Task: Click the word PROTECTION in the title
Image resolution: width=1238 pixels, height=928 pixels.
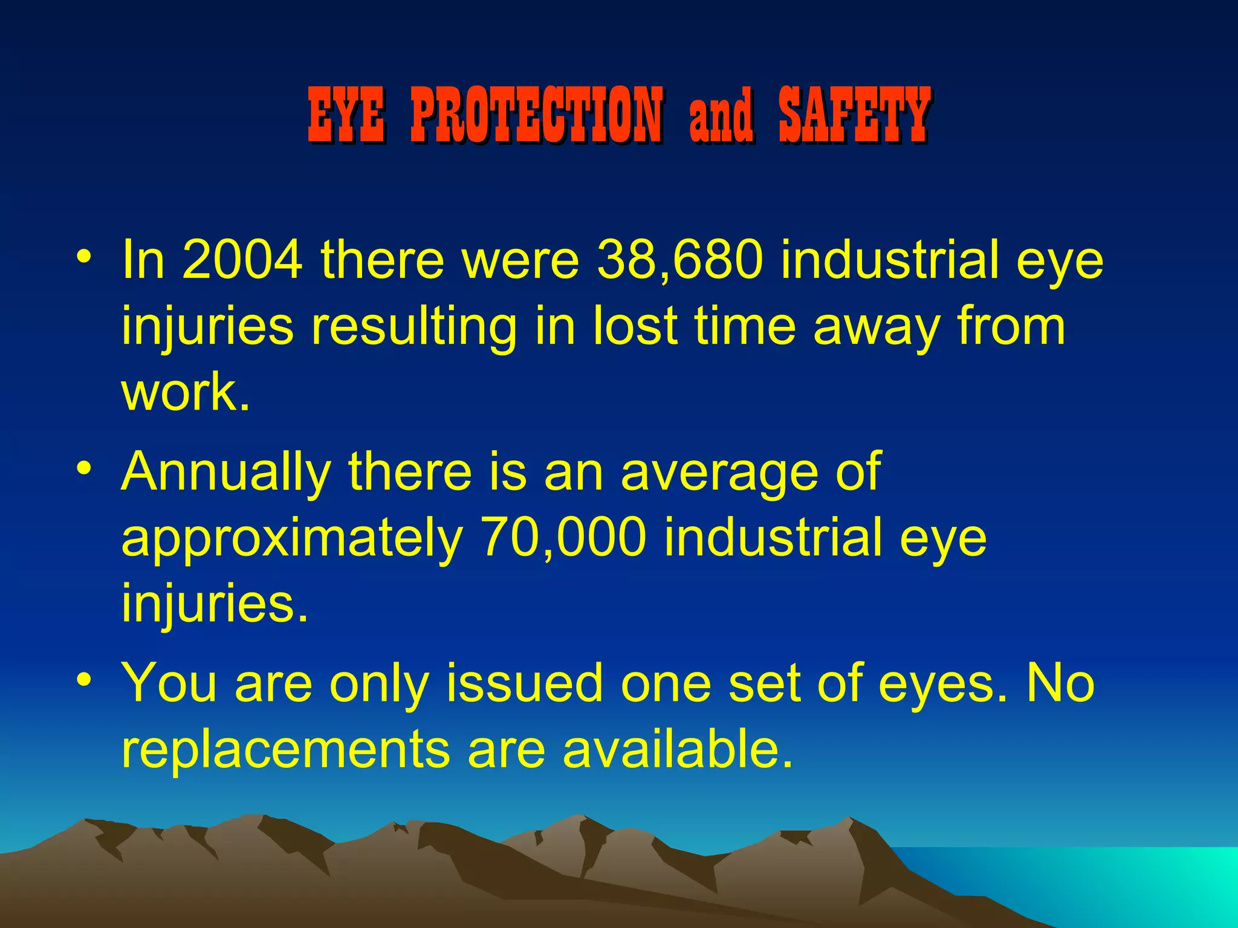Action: pyautogui.click(x=536, y=115)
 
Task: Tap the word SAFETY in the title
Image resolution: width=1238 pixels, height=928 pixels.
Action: pyautogui.click(x=854, y=115)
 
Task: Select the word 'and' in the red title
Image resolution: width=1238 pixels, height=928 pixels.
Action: pyautogui.click(x=721, y=116)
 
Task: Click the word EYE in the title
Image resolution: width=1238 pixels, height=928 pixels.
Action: pyautogui.click(x=346, y=115)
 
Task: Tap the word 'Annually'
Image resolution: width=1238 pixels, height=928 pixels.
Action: pyautogui.click(x=226, y=472)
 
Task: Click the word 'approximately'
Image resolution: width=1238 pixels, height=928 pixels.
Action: pyautogui.click(x=292, y=539)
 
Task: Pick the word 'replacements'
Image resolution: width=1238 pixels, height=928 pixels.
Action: pyautogui.click(x=285, y=749)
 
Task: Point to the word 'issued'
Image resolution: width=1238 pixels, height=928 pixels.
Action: pyautogui.click(x=524, y=683)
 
